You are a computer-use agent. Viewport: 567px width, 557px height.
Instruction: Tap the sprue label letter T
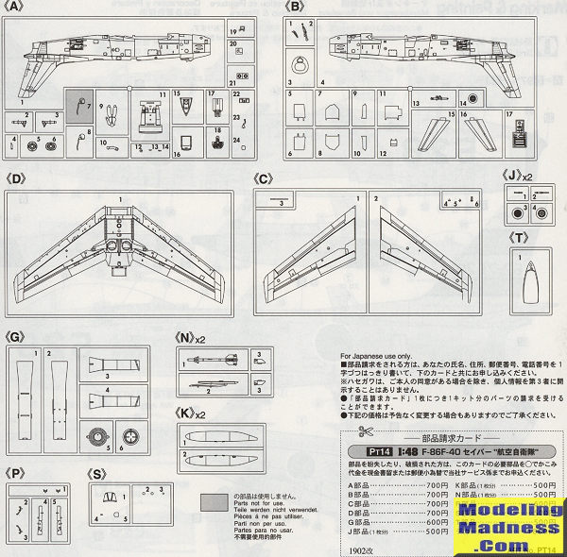click(519, 236)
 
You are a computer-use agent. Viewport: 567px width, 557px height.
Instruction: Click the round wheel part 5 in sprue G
click(96, 438)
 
